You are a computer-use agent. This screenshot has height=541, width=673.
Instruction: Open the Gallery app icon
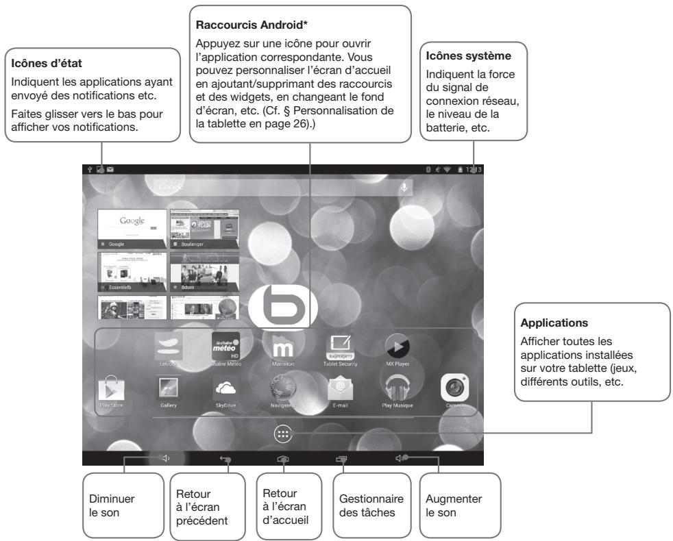point(168,389)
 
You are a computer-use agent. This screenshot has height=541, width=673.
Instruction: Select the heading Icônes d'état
point(45,65)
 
